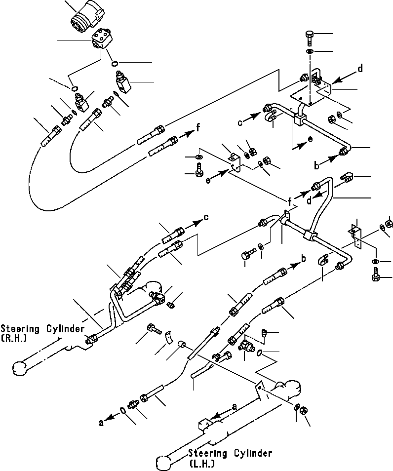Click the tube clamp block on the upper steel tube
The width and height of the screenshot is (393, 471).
[x=299, y=120]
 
